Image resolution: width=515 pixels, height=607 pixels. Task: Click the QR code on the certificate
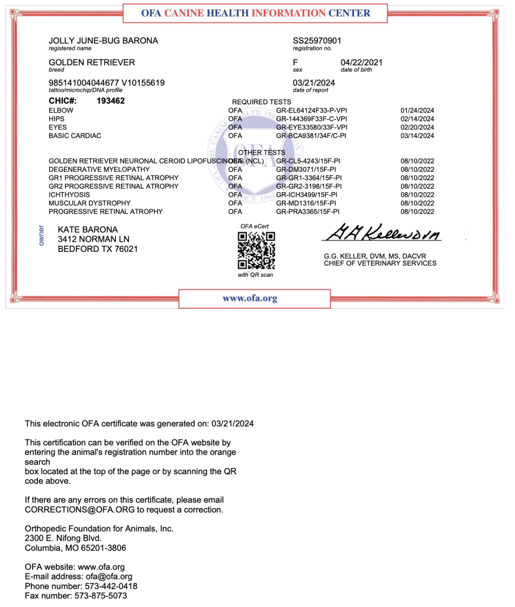coord(256,250)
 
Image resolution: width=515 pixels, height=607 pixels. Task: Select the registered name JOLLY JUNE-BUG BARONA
coord(103,41)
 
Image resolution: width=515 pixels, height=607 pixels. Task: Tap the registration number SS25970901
coord(317,41)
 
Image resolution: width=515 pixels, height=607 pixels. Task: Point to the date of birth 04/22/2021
coord(361,62)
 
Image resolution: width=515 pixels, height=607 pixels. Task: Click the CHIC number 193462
coord(110,101)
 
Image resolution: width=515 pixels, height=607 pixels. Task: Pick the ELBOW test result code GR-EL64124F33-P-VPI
coord(311,110)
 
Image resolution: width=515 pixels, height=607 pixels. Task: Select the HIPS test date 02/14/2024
coord(417,119)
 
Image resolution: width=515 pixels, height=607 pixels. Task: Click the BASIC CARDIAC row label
coord(75,136)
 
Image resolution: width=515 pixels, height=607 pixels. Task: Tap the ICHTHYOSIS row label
coord(69,194)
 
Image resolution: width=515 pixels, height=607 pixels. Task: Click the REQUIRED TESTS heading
coord(261,102)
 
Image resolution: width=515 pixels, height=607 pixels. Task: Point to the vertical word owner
coord(42,235)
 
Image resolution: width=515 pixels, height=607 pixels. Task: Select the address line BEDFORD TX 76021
coord(97,249)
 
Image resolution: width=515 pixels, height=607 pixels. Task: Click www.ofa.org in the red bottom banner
coord(250,299)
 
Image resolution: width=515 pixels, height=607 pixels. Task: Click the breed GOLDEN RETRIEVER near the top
coord(91,62)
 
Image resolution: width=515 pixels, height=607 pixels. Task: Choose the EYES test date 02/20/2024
coord(417,127)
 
